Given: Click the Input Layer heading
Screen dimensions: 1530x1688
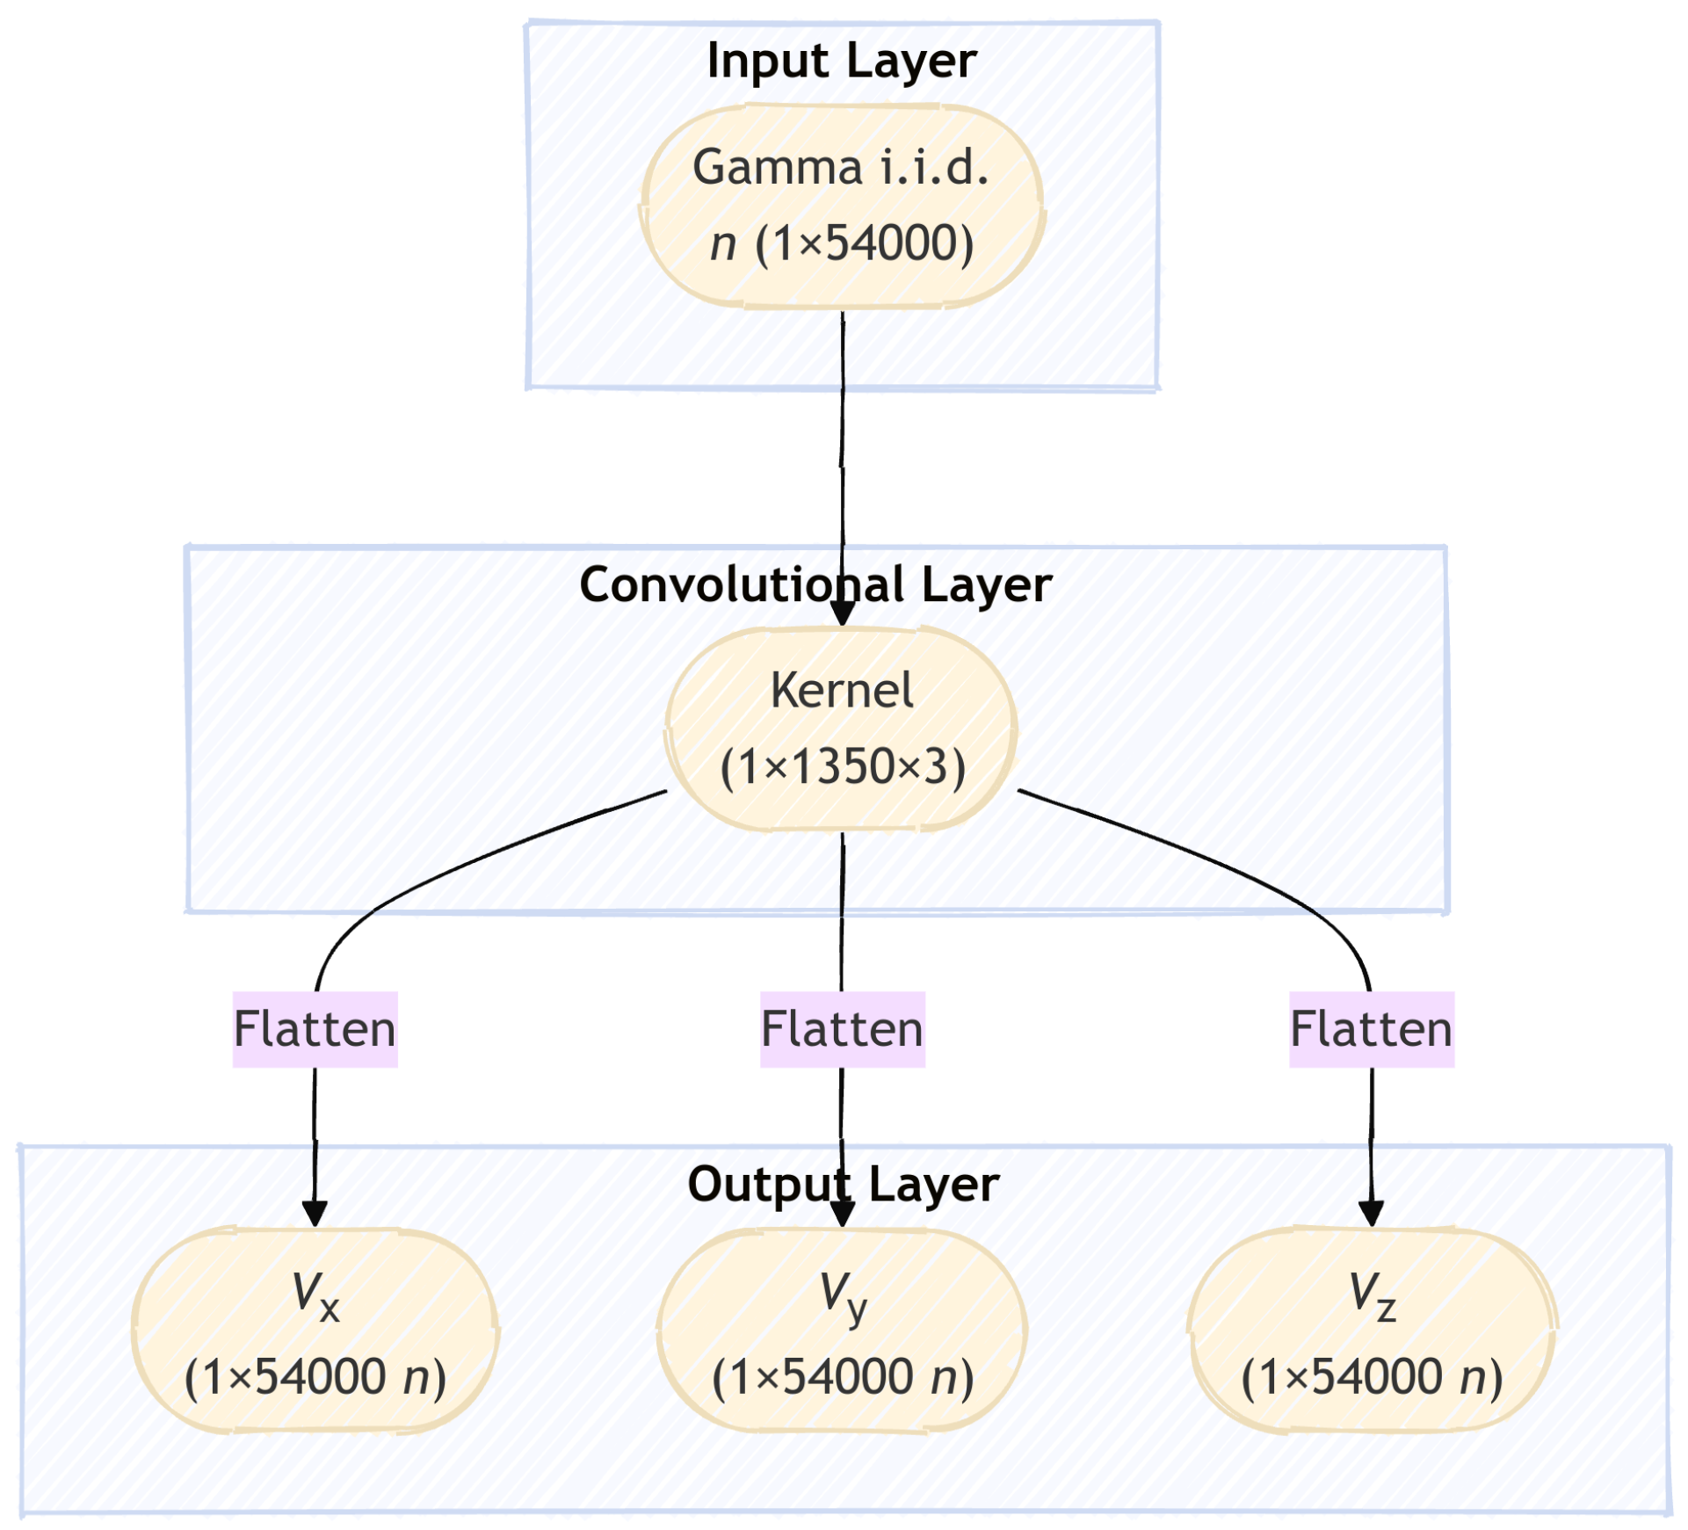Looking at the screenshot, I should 841,62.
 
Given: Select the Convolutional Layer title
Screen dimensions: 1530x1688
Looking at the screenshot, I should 815,585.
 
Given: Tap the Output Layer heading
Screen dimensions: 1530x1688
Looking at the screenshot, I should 843,1185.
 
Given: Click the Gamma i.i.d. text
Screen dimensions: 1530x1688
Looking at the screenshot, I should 841,167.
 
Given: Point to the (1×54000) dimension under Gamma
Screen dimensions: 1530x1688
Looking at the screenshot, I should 865,243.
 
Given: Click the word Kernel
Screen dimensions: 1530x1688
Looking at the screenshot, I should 842,691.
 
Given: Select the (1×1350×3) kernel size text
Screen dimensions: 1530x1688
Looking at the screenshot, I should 842,766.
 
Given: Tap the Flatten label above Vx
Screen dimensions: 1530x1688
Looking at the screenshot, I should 315,1029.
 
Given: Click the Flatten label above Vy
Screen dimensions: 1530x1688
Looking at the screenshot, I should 842,1029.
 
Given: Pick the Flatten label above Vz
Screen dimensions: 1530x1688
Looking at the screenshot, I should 1371,1029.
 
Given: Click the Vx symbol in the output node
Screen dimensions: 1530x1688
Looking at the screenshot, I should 315,1296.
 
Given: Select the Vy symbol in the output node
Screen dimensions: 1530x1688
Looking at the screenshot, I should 843,1296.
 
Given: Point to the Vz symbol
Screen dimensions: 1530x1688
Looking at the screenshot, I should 1372,1296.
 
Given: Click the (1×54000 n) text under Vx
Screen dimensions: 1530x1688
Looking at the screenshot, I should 315,1377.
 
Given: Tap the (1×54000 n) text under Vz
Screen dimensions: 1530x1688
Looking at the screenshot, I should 1372,1377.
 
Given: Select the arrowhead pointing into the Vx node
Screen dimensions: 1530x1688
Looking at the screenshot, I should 315,1214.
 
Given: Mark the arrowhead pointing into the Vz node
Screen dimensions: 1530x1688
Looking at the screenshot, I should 1371,1214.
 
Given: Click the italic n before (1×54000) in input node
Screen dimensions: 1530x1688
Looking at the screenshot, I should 722,244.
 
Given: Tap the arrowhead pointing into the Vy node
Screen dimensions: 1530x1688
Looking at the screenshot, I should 842,1214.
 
